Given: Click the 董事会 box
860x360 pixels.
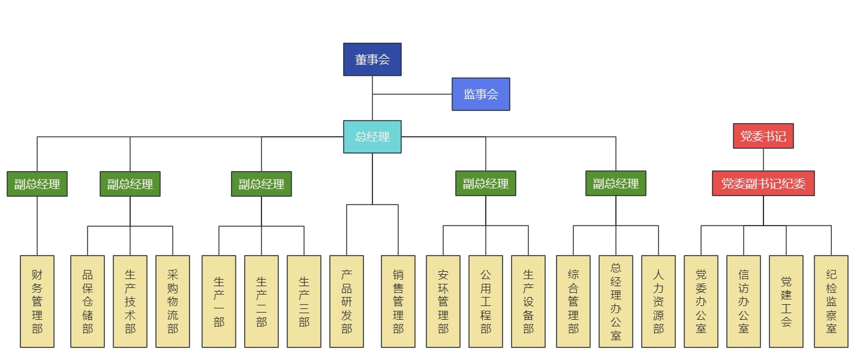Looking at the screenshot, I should point(372,59).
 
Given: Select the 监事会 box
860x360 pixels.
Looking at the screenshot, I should point(480,94).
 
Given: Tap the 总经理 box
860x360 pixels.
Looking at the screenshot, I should point(372,137).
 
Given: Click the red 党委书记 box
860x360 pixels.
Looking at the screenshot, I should point(763,136).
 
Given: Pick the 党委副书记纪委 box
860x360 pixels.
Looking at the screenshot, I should point(763,184).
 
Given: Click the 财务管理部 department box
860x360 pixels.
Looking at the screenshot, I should point(37,301).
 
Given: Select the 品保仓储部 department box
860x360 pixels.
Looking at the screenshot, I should point(88,301).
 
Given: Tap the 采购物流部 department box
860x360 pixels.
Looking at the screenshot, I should point(173,301).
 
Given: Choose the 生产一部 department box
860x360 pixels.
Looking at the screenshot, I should point(219,301).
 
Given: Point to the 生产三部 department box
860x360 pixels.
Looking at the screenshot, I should point(304,301).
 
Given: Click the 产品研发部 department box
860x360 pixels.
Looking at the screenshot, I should point(347,301).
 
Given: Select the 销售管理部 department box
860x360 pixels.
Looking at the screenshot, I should point(398,301).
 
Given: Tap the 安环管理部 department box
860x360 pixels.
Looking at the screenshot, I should point(443,301).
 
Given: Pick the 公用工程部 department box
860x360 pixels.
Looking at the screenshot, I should point(486,301).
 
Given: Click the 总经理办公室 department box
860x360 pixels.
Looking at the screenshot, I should point(616,301).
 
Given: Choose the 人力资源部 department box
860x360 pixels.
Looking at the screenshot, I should point(658,301).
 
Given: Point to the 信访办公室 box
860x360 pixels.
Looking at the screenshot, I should point(744,301).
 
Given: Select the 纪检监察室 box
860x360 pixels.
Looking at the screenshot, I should point(831,301).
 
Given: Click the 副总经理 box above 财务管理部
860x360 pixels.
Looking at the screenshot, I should point(37,184).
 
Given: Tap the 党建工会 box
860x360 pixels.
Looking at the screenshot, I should point(786,301).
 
